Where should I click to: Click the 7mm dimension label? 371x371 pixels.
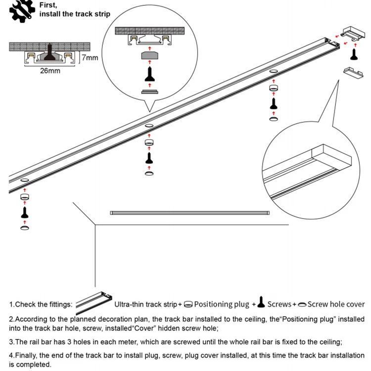tap(91, 57)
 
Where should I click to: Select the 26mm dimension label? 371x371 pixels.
tap(50, 71)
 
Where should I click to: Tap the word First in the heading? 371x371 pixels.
tap(48, 5)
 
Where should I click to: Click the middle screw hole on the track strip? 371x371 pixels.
tap(148, 128)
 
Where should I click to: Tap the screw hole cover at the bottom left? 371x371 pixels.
tap(24, 227)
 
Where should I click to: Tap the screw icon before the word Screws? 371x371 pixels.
tap(261, 303)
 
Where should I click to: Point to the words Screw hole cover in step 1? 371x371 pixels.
tap(336, 304)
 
